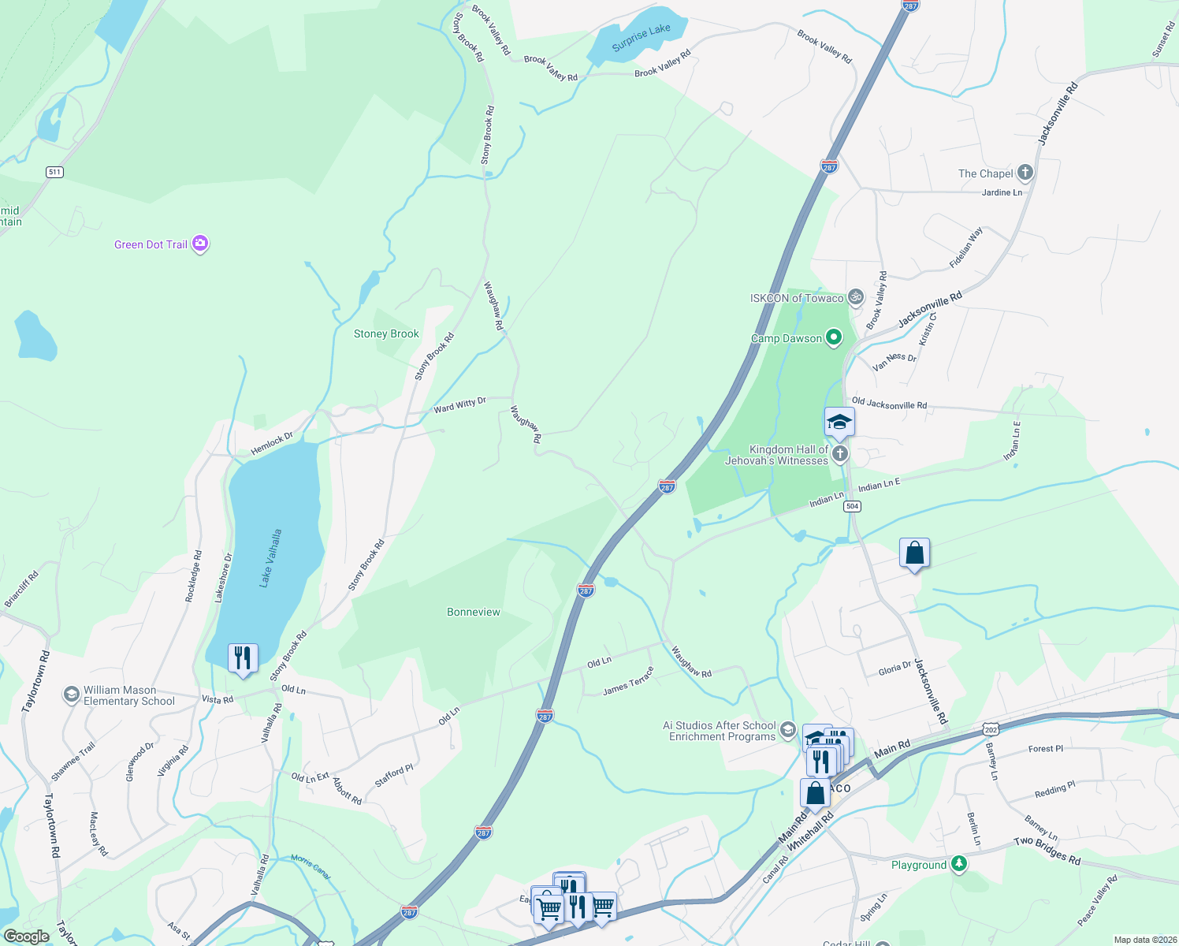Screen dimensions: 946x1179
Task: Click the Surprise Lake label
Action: point(641,37)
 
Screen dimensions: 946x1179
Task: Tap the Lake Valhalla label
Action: point(271,558)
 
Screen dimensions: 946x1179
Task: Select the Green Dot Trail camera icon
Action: point(200,244)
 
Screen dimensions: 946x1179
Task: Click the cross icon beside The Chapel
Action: point(1025,173)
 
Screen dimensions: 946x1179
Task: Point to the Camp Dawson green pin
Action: point(833,338)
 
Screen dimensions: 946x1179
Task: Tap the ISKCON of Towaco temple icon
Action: point(856,298)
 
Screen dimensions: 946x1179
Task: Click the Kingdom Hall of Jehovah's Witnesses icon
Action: point(840,453)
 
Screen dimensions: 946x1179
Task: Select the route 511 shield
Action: point(54,172)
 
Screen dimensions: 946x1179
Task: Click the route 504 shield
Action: point(852,506)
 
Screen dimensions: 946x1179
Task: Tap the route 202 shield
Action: point(991,730)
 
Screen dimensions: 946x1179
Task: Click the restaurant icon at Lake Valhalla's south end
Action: point(243,657)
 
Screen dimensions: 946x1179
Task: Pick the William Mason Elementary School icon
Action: point(72,695)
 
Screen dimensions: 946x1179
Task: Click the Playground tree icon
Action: point(958,865)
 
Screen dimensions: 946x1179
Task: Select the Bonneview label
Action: point(473,612)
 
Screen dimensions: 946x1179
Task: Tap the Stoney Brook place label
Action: point(386,333)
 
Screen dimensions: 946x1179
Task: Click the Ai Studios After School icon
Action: point(787,731)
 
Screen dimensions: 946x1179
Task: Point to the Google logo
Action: point(26,937)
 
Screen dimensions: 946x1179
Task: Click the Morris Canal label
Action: point(311,866)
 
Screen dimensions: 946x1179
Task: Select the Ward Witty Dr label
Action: point(459,405)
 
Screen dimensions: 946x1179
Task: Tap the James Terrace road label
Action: point(628,682)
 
